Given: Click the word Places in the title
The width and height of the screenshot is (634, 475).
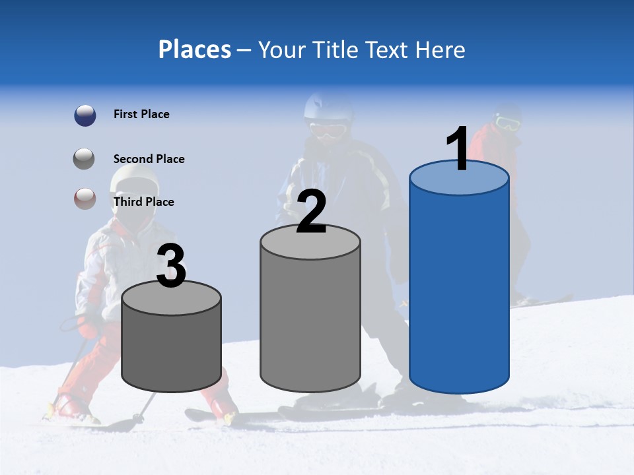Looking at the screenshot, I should [194, 49].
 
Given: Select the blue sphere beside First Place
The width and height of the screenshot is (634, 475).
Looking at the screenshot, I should [85, 115].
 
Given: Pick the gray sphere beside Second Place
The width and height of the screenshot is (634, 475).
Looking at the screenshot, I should [85, 159].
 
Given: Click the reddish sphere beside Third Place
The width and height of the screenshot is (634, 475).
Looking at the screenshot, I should [85, 198].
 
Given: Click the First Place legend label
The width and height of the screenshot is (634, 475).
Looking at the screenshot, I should [141, 114].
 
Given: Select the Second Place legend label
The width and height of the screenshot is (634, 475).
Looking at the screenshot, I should [149, 159].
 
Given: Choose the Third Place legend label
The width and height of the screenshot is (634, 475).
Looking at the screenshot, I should [143, 202].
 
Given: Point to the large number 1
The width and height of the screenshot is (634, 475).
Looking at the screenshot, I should [458, 149].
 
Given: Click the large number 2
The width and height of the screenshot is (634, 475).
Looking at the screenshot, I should [312, 212].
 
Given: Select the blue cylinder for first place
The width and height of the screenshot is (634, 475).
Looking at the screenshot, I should [459, 290].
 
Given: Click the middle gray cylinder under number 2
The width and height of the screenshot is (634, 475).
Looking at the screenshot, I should [310, 317].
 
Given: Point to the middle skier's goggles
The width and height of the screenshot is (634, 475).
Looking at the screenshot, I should [328, 129].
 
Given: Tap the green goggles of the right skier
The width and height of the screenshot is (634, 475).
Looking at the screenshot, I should [507, 123].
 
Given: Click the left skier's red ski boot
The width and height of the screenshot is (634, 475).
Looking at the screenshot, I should [66, 406].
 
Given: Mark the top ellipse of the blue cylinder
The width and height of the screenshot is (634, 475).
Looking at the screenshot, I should [459, 177].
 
